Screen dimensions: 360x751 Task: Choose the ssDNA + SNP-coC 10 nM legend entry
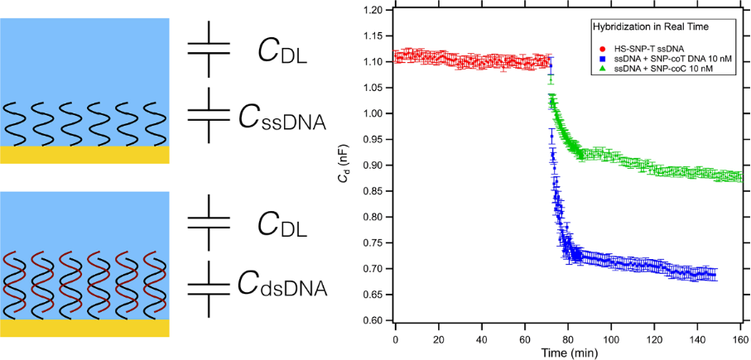point(654,69)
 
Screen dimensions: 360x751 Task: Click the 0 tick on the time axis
point(396,338)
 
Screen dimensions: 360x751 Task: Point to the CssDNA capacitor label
point(282,121)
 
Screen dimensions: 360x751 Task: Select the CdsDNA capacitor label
point(282,287)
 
